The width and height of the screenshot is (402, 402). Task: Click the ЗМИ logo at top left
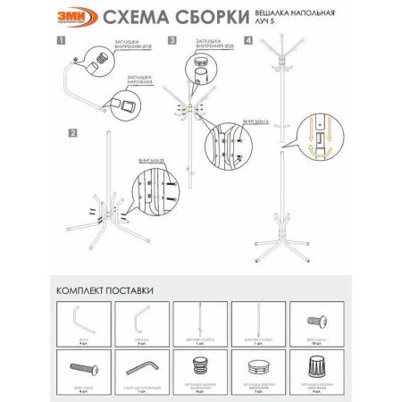[x=73, y=17]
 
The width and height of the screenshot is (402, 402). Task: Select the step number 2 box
[x=72, y=132]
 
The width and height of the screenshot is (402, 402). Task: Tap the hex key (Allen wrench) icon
[x=138, y=365]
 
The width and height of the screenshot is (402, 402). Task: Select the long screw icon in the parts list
[x=80, y=366]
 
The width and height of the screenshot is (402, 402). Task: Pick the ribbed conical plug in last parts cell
[x=317, y=366]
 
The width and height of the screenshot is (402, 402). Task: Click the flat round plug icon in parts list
[x=258, y=366]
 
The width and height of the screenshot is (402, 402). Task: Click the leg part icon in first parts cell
[x=80, y=320]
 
